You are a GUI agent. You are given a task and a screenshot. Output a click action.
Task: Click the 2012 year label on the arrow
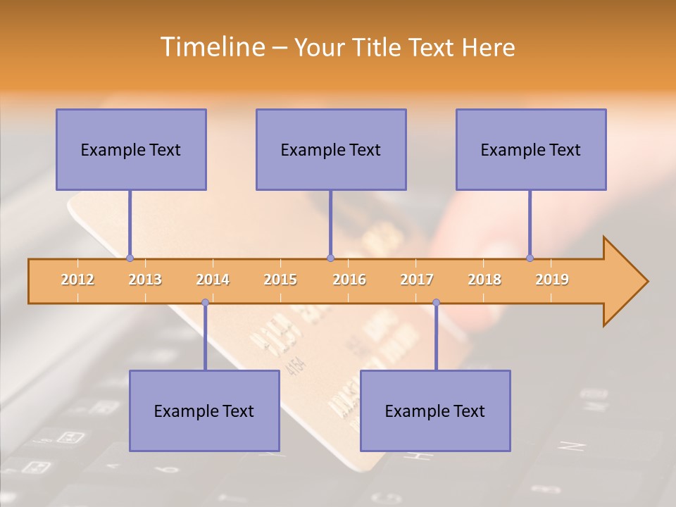coord(77,280)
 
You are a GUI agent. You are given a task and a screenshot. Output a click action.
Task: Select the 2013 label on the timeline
coord(145,280)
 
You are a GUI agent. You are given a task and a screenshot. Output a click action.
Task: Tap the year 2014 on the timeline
coord(213,280)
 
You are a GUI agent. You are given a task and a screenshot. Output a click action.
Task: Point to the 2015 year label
coord(280,280)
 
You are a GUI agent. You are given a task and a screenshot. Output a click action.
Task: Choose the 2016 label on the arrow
coord(349,280)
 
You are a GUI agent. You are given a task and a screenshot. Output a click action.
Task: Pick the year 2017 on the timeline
coord(417,280)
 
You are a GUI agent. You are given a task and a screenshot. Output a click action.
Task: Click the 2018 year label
coord(484,280)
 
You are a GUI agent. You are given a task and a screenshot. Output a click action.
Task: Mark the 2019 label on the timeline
coord(552,280)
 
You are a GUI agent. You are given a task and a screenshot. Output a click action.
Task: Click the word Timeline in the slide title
coord(211,47)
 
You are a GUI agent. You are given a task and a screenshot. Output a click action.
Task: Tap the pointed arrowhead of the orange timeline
coord(630,282)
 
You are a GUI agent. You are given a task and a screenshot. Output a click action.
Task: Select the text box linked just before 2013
coord(131,149)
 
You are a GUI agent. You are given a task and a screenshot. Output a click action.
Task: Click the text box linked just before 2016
coord(331,149)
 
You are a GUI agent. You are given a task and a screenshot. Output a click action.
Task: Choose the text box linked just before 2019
coord(531,149)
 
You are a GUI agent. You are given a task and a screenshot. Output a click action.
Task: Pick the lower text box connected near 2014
coord(204,411)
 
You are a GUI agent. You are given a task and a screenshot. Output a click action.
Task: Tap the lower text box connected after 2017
coord(435,411)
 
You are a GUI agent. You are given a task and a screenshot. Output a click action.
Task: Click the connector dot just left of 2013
coord(130,258)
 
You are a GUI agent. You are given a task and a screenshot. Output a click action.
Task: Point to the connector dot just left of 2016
coord(330,258)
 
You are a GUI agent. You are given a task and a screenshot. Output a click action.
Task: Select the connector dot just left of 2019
coord(530,258)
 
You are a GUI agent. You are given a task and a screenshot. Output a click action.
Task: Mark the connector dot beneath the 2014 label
coord(205,303)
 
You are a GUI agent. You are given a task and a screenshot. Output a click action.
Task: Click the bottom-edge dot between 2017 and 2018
coord(436,303)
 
